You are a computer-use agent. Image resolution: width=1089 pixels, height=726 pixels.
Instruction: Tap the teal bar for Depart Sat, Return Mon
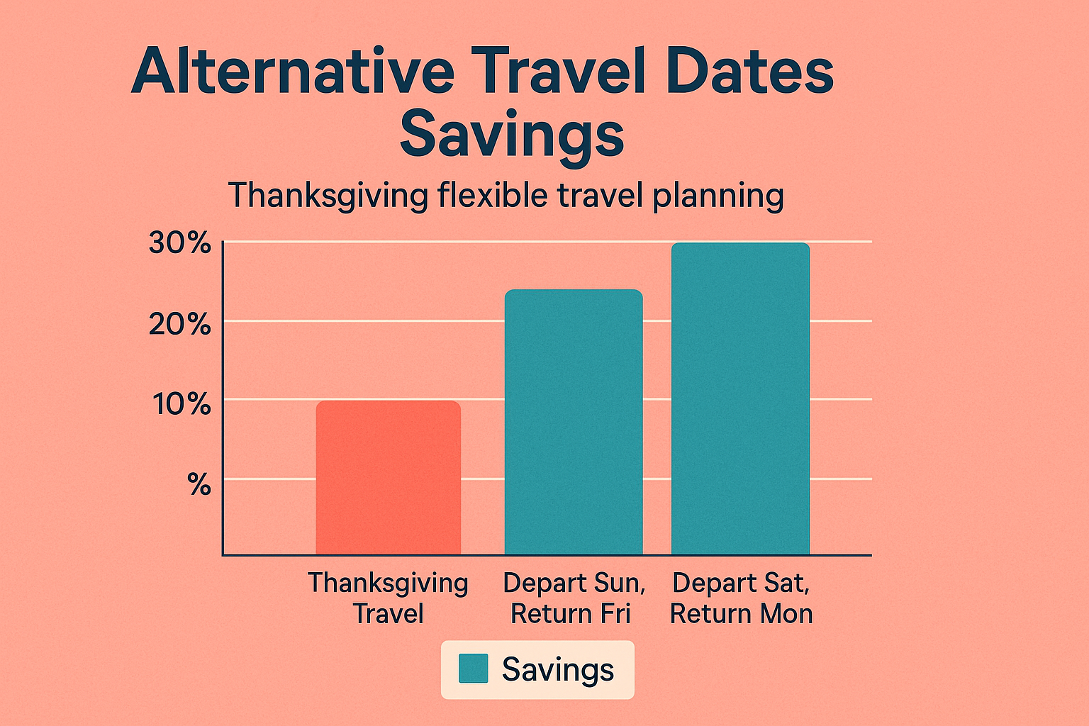pos(740,398)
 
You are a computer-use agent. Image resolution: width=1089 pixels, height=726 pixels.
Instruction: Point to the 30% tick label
pos(180,243)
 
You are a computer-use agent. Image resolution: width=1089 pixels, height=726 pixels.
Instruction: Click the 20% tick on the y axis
pos(180,324)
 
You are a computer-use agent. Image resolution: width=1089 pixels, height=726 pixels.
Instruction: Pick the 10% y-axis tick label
pos(181,404)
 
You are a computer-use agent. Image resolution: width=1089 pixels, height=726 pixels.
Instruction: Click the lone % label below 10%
pos(199,485)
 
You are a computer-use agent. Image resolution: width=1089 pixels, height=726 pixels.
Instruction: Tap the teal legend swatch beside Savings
pos(473,669)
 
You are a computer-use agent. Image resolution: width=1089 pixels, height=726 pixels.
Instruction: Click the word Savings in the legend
pos(557,670)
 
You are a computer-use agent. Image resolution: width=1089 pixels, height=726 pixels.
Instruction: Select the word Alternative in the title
pos(292,71)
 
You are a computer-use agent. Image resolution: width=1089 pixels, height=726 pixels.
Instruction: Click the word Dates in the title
pos(749,71)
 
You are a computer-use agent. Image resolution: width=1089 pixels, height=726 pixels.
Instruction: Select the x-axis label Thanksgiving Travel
pos(388,598)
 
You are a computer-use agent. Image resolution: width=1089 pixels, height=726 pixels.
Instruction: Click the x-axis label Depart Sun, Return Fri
pos(573,598)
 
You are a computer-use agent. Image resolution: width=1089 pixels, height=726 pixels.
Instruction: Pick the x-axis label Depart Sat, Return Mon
pos(741,598)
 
